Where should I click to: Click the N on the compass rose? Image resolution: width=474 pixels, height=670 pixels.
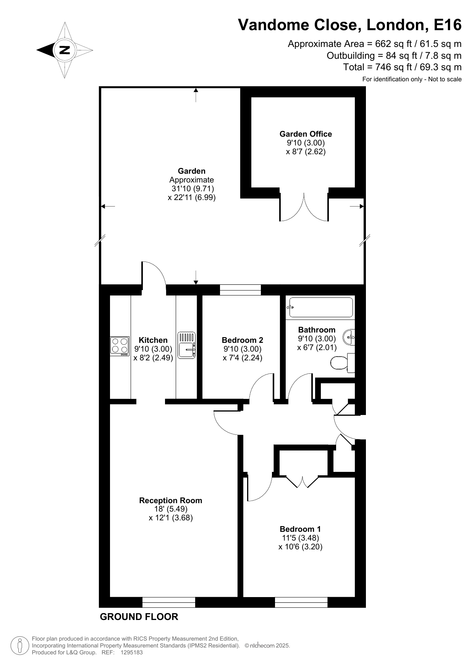coord(65,50)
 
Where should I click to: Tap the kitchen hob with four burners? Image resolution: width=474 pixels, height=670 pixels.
coord(120,346)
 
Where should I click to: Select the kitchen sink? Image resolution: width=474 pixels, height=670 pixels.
coord(187,345)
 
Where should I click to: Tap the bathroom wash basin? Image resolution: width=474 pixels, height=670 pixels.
coord(349,337)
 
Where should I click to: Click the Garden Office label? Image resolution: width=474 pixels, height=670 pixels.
coord(306,134)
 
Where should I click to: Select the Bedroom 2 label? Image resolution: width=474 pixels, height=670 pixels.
coord(243,340)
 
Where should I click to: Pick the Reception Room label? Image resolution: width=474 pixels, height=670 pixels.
coord(171,500)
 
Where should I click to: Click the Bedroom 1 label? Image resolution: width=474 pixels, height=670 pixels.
coord(300,529)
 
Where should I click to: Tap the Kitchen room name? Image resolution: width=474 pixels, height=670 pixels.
coord(153,340)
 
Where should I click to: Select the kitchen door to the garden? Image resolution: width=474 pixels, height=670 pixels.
coord(154,274)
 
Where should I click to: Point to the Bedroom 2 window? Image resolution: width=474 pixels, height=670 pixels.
coord(240,290)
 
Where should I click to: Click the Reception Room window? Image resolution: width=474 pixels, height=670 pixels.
coord(169,602)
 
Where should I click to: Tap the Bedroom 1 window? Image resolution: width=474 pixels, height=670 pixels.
coord(301,602)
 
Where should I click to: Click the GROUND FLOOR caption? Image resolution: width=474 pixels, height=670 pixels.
coord(139,617)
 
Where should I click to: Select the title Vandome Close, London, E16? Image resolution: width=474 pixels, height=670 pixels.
coord(350,25)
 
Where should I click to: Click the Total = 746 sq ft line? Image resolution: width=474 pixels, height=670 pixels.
coord(403,67)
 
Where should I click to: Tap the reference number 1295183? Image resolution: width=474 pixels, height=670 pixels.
coord(131,652)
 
